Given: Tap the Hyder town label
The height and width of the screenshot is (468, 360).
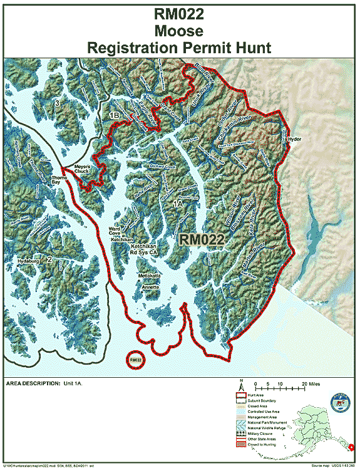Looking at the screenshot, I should click(294, 139).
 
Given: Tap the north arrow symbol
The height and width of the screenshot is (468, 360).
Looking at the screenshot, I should click(240, 385).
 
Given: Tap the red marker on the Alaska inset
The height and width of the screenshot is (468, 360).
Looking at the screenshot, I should click(352, 447).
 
